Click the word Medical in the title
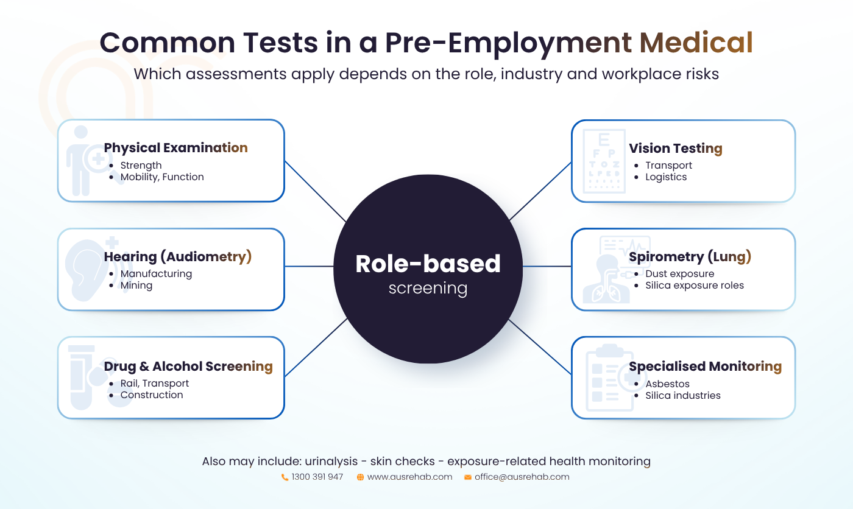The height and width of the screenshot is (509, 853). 696,42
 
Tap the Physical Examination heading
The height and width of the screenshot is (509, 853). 175,148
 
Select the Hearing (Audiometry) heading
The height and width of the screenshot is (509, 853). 178,257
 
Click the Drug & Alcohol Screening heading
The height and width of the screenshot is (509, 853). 188,367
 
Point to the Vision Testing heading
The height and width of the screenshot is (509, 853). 675,149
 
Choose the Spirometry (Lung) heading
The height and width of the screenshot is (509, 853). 690,257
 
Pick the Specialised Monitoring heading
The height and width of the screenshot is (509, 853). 706,367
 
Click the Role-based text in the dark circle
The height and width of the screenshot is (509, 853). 428,264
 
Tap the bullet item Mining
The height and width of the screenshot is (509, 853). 136,286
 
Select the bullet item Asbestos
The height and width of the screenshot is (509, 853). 667,384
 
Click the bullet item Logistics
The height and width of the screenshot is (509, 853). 665,177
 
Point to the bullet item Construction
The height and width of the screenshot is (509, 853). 152,395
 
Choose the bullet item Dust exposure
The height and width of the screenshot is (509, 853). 680,274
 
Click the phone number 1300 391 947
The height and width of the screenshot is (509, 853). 317,477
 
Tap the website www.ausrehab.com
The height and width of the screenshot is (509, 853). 409,477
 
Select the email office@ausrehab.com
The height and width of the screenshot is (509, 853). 522,477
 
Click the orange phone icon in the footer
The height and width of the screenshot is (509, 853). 285,477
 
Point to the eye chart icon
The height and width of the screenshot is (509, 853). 604,161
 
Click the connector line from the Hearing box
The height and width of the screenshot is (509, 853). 309,266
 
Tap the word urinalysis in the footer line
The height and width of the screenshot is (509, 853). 331,462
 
